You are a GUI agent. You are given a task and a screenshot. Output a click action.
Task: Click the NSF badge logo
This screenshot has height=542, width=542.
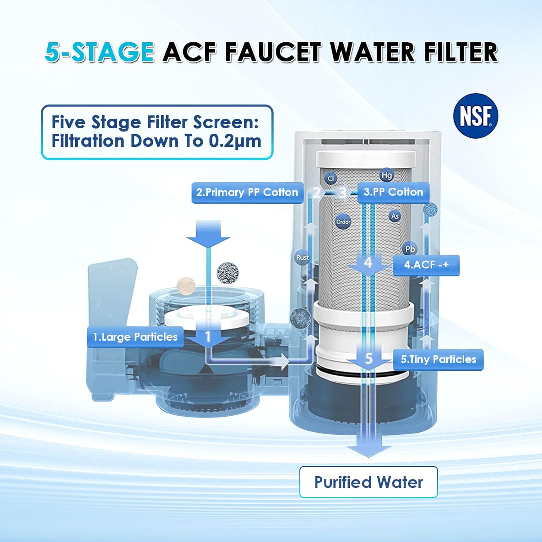(476, 116)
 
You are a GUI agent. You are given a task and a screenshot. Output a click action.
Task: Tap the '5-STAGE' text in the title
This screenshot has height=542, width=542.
(100, 52)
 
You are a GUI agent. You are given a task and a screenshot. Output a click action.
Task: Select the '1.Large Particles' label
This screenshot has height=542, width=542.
(135, 337)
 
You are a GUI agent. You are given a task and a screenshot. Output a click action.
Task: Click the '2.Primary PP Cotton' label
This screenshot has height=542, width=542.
(247, 193)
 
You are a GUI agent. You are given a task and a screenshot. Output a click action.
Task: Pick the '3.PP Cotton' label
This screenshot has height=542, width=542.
(393, 192)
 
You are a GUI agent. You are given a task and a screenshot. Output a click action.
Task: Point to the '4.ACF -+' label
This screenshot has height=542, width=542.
(426, 265)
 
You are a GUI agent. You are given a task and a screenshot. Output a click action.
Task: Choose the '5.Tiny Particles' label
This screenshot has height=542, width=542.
(438, 360)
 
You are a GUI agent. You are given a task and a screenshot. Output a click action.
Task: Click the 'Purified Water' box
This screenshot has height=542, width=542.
(368, 482)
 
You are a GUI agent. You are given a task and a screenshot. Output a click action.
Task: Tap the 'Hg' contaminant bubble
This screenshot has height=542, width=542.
(387, 175)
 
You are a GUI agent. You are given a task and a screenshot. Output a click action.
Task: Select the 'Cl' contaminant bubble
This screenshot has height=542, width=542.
(331, 178)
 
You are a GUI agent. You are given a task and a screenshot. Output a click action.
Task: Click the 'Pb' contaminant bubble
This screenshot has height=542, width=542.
(410, 249)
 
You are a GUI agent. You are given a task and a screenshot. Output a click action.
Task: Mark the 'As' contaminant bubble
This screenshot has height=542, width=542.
(395, 216)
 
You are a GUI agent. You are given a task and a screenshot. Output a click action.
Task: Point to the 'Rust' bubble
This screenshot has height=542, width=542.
(302, 257)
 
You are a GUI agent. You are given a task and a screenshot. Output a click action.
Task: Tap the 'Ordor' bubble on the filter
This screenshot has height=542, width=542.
(343, 221)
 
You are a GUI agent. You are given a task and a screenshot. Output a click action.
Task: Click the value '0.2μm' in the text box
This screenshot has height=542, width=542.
(235, 141)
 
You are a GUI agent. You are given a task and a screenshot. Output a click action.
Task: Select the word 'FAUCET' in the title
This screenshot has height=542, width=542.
(273, 52)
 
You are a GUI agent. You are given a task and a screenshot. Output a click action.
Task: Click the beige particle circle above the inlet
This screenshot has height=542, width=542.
(186, 286)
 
